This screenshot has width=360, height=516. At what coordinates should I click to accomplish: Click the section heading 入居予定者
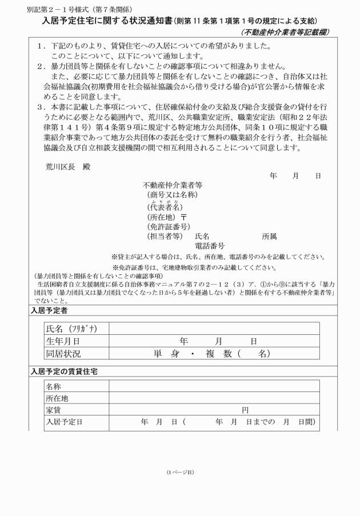[x=49, y=310]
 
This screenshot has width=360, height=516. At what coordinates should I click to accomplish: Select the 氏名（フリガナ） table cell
[x=71, y=329]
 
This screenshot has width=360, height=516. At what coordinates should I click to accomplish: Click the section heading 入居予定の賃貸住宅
[x=63, y=372]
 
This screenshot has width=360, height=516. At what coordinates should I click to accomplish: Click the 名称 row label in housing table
[x=54, y=387]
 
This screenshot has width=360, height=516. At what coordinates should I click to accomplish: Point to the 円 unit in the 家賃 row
[x=245, y=410]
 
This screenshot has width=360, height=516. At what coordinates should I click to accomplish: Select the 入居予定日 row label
[x=64, y=422]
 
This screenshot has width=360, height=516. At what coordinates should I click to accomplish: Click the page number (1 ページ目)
[x=180, y=472]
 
